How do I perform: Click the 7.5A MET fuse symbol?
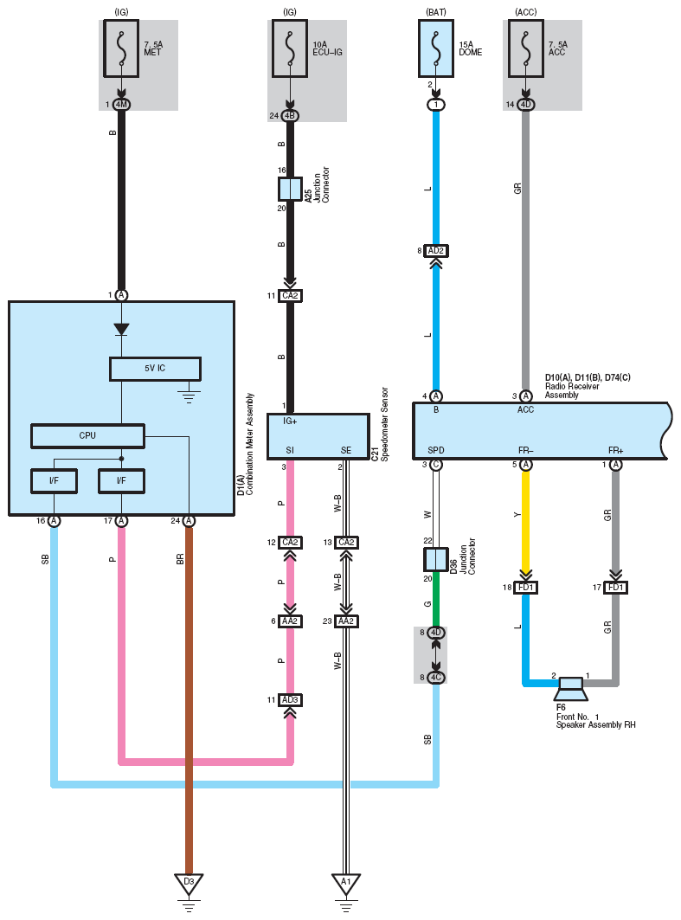pyautogui.click(x=121, y=48)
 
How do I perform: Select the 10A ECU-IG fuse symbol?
pyautogui.click(x=290, y=48)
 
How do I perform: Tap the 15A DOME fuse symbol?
pyautogui.click(x=436, y=48)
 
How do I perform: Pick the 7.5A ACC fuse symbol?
pyautogui.click(x=525, y=48)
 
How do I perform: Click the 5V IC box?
pyautogui.click(x=155, y=369)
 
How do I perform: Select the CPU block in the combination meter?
pyautogui.click(x=87, y=436)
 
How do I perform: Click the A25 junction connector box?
pyautogui.click(x=290, y=189)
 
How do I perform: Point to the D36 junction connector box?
pyautogui.click(x=436, y=560)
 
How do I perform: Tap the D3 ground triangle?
pyautogui.click(x=189, y=884)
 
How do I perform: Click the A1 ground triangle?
pyautogui.click(x=346, y=884)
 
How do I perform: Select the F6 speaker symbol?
pyautogui.click(x=571, y=690)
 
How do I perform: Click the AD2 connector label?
pyautogui.click(x=436, y=251)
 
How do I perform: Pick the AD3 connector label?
pyautogui.click(x=290, y=700)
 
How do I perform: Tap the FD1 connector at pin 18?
pyautogui.click(x=525, y=588)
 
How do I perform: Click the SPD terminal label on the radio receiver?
pyautogui.click(x=436, y=451)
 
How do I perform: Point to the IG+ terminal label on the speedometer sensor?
pyautogui.click(x=290, y=421)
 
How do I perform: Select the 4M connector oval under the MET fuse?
pyautogui.click(x=121, y=105)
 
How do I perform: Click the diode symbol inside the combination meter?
pyautogui.click(x=121, y=329)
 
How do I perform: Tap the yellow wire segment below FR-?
pyautogui.click(x=525, y=520)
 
